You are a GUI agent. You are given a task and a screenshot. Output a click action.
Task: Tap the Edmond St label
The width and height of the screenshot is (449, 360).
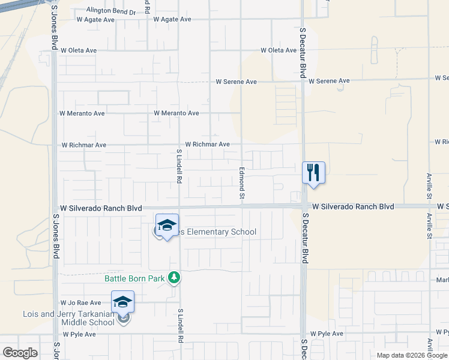[243, 184]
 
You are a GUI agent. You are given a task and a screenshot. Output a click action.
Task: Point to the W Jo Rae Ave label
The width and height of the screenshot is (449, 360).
[80, 303]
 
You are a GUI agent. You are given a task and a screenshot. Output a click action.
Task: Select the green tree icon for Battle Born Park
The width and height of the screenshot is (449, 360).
[174, 277]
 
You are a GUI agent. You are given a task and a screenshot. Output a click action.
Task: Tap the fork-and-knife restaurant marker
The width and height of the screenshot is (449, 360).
[313, 173]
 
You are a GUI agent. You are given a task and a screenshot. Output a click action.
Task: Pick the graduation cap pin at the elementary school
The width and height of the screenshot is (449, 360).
[167, 226]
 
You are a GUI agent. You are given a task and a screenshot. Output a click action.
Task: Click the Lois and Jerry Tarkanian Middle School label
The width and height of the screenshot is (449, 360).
[68, 318]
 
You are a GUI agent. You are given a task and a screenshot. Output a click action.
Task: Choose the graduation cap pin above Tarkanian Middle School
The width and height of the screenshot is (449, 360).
[122, 302]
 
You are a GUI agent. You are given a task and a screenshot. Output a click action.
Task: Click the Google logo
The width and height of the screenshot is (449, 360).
[20, 353]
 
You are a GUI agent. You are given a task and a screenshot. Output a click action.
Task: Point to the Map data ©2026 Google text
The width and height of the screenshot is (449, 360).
[411, 355]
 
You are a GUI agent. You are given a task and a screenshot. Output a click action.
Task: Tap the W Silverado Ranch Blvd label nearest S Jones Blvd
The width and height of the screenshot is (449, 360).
[101, 208]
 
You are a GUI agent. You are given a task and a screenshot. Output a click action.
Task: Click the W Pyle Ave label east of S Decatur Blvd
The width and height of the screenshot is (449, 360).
[327, 334]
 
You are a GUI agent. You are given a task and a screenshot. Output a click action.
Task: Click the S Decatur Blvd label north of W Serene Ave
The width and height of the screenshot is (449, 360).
[303, 51]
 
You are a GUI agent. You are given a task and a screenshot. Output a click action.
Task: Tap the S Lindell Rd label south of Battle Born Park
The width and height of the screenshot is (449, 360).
[179, 326]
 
